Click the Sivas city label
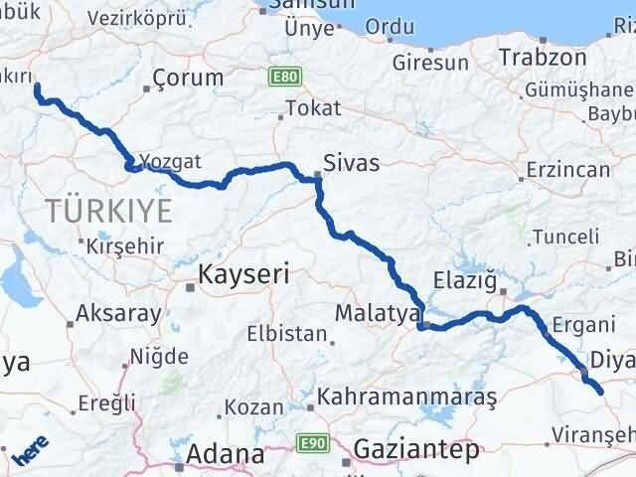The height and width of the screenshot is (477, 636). pos(353,163)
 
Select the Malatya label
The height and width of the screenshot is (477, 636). pos(373,313)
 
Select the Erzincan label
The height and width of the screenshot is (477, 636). pos(569,170)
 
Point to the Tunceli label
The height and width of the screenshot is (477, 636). pos(565,237)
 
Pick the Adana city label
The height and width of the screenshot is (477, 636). pos(228,455)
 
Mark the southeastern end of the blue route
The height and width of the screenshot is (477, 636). pos(600,393)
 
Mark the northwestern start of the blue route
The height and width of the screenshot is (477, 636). pos(38,87)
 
